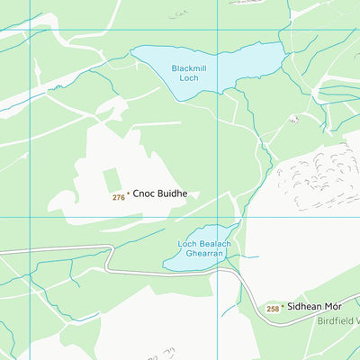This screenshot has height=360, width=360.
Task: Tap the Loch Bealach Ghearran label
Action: click(x=204, y=249)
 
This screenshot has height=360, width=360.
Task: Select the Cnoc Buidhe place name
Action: click(x=160, y=193)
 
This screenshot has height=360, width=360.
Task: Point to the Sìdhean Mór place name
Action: click(x=315, y=307)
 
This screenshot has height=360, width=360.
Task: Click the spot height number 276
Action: click(x=118, y=196)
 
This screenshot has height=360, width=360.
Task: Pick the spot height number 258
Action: click(x=273, y=309)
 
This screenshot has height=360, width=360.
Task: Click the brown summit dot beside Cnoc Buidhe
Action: click(x=128, y=193)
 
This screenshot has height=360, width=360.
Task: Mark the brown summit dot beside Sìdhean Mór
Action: click(x=283, y=306)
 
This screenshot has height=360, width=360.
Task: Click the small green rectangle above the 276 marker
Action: click(x=111, y=179)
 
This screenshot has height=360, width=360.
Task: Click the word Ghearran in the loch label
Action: click(x=204, y=255)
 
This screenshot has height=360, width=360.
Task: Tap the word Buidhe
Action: click(x=173, y=193)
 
